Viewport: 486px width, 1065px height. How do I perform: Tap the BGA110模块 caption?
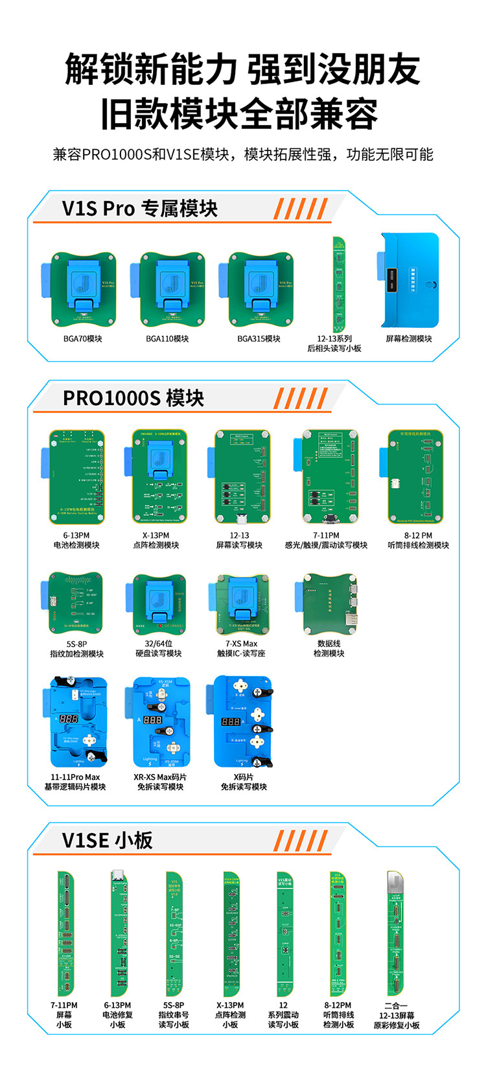pos(167,339)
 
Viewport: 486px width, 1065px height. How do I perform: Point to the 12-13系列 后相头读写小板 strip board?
pos(339,284)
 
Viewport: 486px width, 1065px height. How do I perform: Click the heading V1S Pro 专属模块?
pos(140,209)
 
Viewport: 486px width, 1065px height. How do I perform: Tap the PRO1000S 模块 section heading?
pos(133,397)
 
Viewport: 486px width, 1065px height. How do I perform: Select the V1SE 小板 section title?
pos(108,840)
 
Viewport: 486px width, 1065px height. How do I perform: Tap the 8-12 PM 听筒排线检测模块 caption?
pos(418,541)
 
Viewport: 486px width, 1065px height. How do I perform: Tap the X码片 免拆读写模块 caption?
pos(244,782)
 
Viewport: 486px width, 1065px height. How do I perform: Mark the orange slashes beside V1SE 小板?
pos(299,840)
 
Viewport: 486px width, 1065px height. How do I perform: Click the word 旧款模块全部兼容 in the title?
pos(240,115)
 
